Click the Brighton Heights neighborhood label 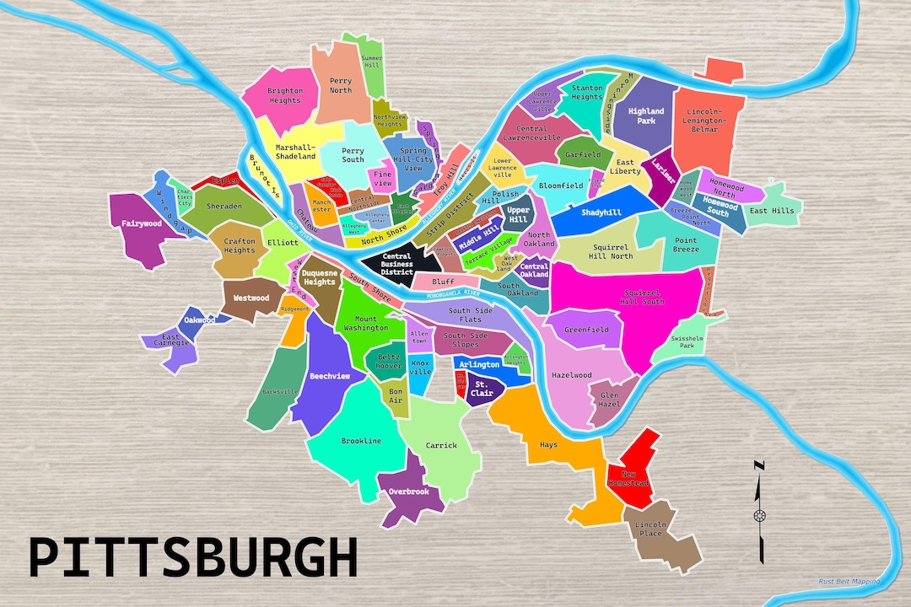[x=284, y=95]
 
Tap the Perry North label [x=341, y=85]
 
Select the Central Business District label [x=397, y=263]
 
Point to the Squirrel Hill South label [x=642, y=296]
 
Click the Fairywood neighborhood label [x=141, y=223]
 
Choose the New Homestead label [x=628, y=479]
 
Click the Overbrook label [x=409, y=492]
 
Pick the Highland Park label [x=647, y=115]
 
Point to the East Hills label [x=771, y=210]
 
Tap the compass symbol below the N [x=760, y=515]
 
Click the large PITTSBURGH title [x=193, y=558]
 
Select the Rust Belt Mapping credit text [x=849, y=581]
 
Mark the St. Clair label [x=482, y=388]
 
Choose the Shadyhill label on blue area [x=601, y=212]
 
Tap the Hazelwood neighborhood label [x=571, y=375]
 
